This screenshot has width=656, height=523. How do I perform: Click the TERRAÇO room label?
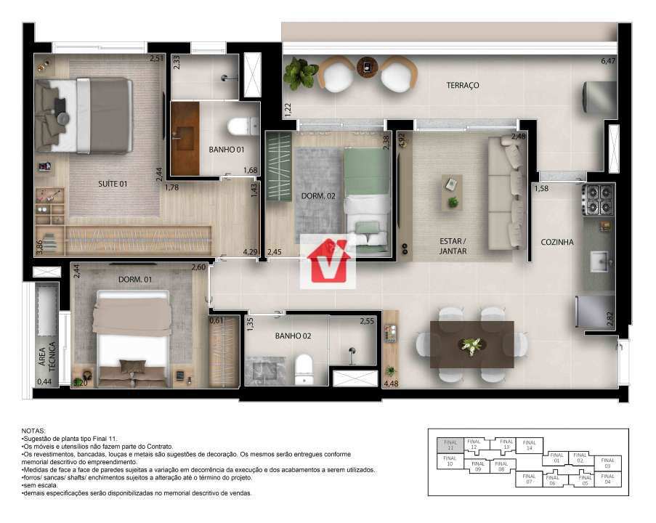point(463,86)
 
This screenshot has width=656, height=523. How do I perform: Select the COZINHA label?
point(556,242)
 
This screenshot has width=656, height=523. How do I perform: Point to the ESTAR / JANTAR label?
point(453,246)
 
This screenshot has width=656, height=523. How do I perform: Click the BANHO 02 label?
point(293,336)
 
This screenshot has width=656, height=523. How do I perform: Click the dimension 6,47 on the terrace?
point(607,62)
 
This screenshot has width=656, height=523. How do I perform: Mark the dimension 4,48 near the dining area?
point(391,384)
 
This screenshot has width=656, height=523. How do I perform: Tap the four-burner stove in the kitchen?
point(596,200)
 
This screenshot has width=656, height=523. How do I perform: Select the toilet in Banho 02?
point(303,369)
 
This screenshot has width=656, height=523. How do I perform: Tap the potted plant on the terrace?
point(297,73)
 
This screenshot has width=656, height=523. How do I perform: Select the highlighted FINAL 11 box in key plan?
point(449,445)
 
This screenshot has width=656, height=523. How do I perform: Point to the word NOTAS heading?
point(33,431)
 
